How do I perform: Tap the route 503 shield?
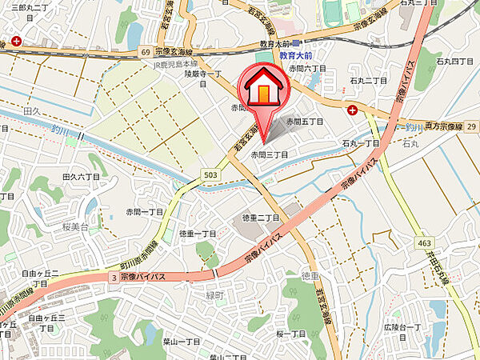(x=210, y=174)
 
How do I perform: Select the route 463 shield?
(x=423, y=242)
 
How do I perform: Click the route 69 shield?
(x=146, y=51)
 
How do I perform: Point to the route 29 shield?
(x=471, y=126)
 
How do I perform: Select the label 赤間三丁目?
(x=269, y=154)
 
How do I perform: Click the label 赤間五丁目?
(x=306, y=122)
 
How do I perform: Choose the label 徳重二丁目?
(x=260, y=218)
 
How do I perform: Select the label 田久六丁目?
(x=80, y=177)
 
